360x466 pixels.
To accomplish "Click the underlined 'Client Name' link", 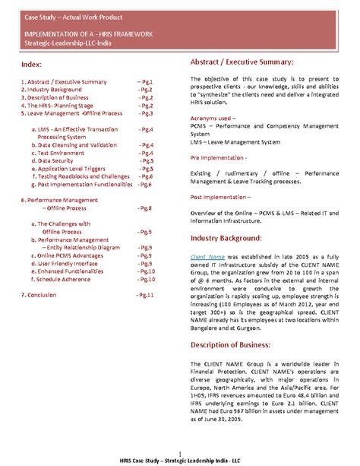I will (207, 257).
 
